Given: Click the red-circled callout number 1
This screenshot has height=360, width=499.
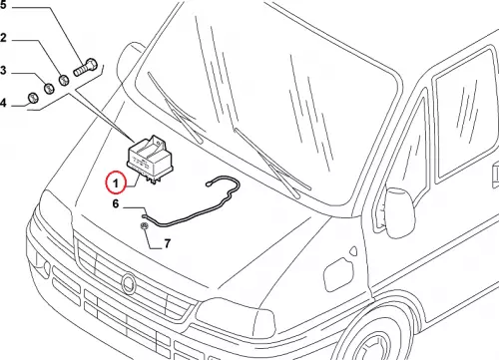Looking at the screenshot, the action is click(x=116, y=183).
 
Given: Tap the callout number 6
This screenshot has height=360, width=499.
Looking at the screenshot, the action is click(x=116, y=203).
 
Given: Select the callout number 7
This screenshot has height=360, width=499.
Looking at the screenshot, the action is click(x=168, y=243).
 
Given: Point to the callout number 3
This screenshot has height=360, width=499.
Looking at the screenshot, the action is click(x=3, y=71).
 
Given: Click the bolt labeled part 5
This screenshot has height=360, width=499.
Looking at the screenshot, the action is click(x=85, y=67).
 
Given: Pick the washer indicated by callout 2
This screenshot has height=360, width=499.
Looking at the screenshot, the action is click(x=64, y=80).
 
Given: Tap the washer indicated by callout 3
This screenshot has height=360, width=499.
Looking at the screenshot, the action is click(x=49, y=89).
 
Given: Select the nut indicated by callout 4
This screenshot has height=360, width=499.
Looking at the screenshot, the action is click(x=33, y=98).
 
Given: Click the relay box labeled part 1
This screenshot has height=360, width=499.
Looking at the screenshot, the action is click(x=148, y=158).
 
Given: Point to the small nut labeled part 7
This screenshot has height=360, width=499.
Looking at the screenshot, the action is click(x=145, y=226).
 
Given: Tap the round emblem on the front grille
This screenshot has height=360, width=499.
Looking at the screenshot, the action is click(x=128, y=283).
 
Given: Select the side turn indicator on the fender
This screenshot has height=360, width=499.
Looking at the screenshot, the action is click(x=353, y=251).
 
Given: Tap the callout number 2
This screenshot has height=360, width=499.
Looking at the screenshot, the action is click(x=3, y=38).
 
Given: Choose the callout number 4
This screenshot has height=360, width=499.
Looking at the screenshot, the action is click(x=3, y=103).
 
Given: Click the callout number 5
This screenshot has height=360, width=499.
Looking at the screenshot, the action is click(x=3, y=6).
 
